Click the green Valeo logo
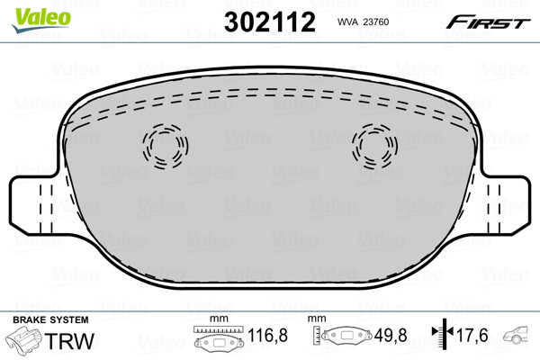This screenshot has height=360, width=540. pyautogui.click(x=41, y=20)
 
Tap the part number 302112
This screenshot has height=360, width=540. pyautogui.click(x=270, y=22)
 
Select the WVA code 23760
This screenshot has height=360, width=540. pyautogui.click(x=376, y=22)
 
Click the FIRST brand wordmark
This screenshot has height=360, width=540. pyautogui.click(x=488, y=22)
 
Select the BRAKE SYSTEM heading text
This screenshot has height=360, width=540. pyautogui.click(x=50, y=319)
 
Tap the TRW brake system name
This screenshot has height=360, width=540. pyautogui.click(x=69, y=341)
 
